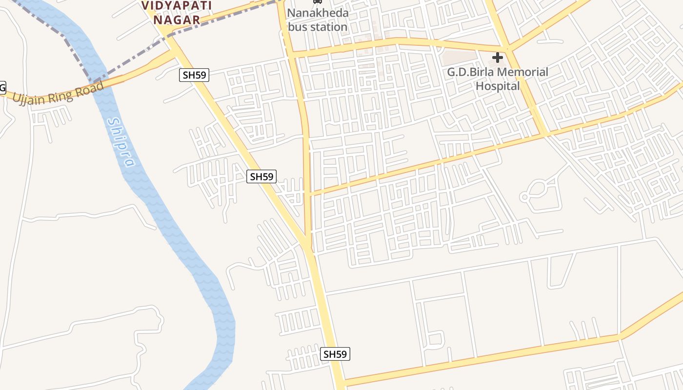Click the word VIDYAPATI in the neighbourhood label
(177, 6)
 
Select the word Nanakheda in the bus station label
(318, 13)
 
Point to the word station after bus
(328, 27)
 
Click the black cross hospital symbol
(497, 58)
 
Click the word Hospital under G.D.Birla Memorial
(498, 86)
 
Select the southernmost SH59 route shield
(335, 354)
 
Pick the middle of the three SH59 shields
(261, 176)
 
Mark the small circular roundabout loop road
(524, 197)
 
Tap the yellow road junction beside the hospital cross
(507, 49)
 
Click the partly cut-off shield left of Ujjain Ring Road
(2, 88)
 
